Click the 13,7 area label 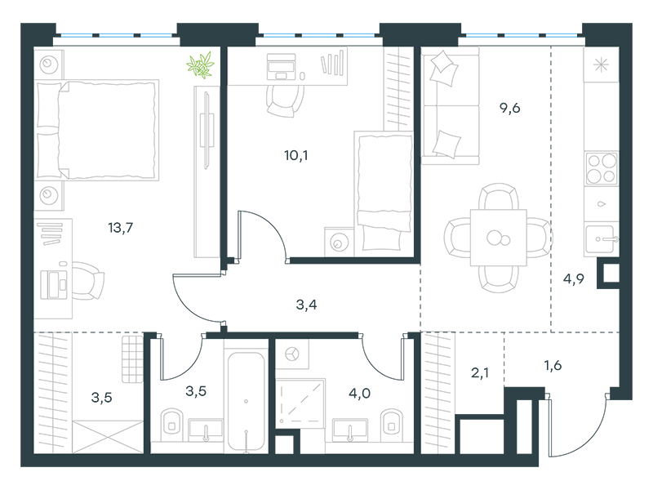click(120, 228)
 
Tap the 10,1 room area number click(296, 156)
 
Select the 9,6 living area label click(509, 109)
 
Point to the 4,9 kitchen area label click(574, 278)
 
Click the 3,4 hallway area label click(306, 305)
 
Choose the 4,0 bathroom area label click(359, 394)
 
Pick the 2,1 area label click(480, 373)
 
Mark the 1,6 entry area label click(553, 365)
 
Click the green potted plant click(200, 65)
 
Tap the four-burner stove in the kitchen click(601, 169)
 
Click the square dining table click(499, 238)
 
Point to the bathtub click(247, 401)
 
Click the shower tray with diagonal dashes click(300, 403)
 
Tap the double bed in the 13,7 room click(97, 130)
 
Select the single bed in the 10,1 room click(384, 194)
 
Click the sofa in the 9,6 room click(451, 105)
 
